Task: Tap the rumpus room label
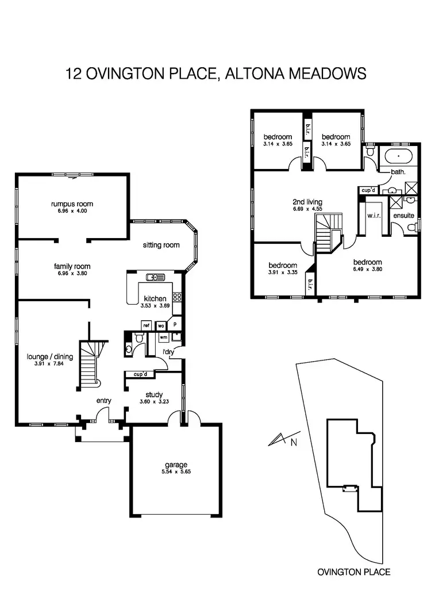click(72, 204)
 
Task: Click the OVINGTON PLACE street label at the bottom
click(353, 572)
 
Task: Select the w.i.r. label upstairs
click(371, 216)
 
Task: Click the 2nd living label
click(307, 202)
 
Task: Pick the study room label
click(154, 394)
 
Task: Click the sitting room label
click(161, 245)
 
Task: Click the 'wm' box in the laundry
click(163, 337)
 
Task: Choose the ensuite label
click(403, 216)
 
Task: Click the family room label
click(72, 266)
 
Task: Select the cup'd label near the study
click(140, 374)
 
